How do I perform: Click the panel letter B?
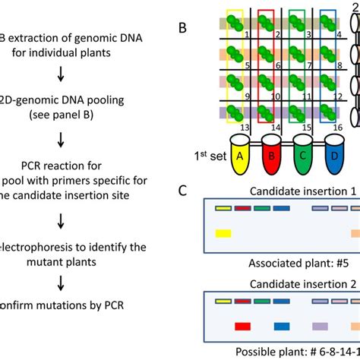(183, 28)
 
